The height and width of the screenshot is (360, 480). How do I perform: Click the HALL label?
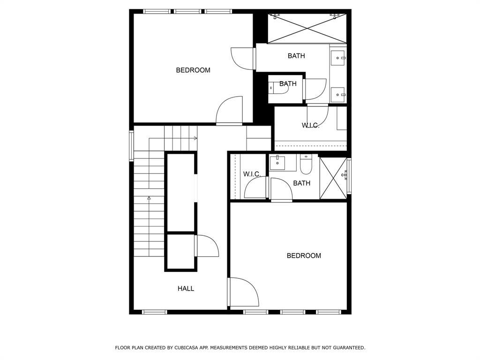click(x=186, y=288)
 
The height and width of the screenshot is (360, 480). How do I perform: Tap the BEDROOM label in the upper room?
click(x=193, y=70)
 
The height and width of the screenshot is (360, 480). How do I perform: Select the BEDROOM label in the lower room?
click(x=304, y=255)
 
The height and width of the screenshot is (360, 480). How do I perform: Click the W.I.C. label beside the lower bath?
click(x=252, y=174)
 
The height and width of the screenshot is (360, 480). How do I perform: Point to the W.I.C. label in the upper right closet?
click(x=310, y=125)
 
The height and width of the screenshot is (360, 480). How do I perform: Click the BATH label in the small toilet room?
click(x=288, y=83)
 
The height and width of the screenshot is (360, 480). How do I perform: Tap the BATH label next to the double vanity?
click(x=296, y=56)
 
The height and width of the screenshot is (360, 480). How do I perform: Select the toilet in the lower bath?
click(x=306, y=164)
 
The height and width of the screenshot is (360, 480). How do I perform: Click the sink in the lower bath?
click(x=277, y=163)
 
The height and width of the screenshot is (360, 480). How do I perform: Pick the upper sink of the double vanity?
click(x=338, y=58)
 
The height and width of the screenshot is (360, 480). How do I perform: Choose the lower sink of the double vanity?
click(x=338, y=95)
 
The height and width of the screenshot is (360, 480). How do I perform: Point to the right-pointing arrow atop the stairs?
click(x=173, y=138)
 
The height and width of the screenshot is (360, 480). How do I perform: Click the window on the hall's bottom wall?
click(x=155, y=312)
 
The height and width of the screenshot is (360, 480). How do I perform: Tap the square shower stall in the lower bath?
click(x=333, y=178)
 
